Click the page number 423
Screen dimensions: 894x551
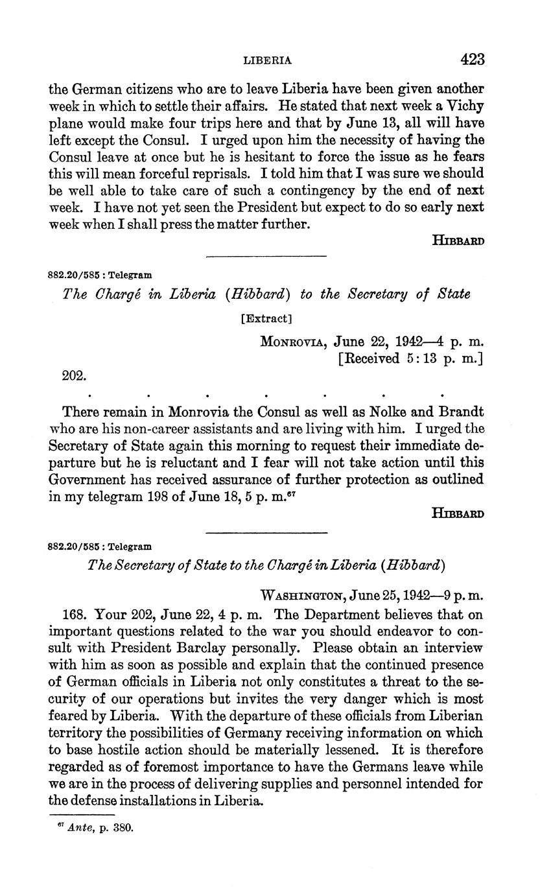(473, 60)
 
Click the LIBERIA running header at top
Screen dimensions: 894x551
(267, 60)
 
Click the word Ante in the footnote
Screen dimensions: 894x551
(80, 828)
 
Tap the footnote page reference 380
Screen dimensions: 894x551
(123, 828)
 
